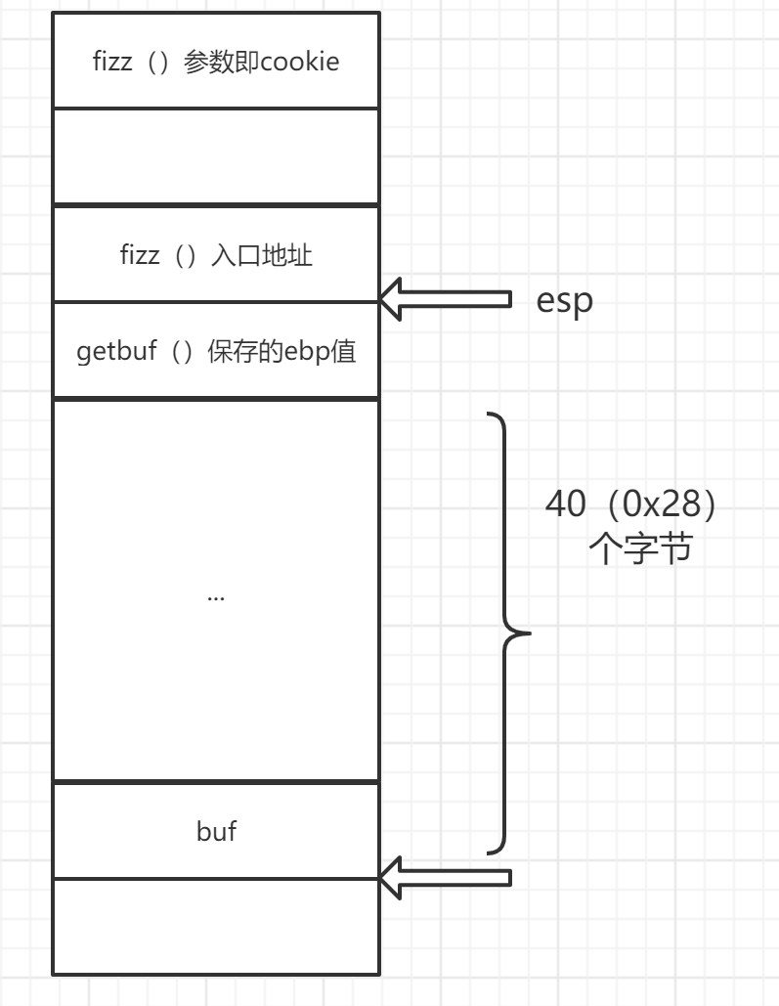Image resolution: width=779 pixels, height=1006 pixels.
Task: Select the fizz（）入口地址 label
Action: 215,256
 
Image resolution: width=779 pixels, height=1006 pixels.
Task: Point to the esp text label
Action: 564,301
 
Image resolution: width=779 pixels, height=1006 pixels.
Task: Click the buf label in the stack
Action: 216,832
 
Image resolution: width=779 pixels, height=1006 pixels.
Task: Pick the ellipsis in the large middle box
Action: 216,596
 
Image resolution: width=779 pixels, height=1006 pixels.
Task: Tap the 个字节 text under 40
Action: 640,549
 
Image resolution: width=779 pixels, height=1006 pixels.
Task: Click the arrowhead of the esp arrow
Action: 392,299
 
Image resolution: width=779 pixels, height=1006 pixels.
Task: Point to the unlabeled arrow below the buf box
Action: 445,877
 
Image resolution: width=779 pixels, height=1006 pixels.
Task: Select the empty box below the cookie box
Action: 216,156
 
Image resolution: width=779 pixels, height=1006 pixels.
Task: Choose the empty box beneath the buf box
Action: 216,926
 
